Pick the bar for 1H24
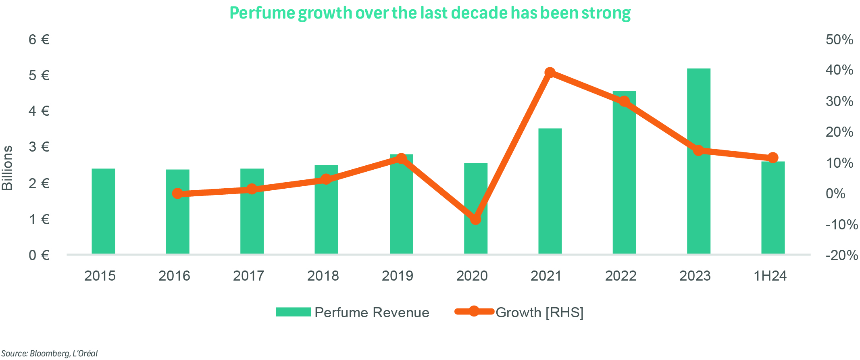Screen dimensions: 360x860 (x=773, y=208)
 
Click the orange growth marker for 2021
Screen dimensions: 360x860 (x=550, y=73)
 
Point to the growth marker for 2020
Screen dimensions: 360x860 (x=476, y=219)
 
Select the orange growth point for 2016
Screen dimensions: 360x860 (x=177, y=194)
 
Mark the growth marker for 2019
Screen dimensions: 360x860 (x=401, y=158)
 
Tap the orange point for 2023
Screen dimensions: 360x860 (x=699, y=150)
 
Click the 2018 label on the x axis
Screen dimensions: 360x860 (x=323, y=276)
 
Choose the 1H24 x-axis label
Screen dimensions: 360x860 (x=770, y=276)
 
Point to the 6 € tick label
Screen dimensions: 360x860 (x=39, y=40)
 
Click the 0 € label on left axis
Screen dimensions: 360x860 (x=39, y=255)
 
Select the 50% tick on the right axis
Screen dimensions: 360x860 (x=839, y=40)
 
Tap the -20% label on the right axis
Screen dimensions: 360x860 (x=841, y=255)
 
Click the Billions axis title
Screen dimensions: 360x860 (x=8, y=168)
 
